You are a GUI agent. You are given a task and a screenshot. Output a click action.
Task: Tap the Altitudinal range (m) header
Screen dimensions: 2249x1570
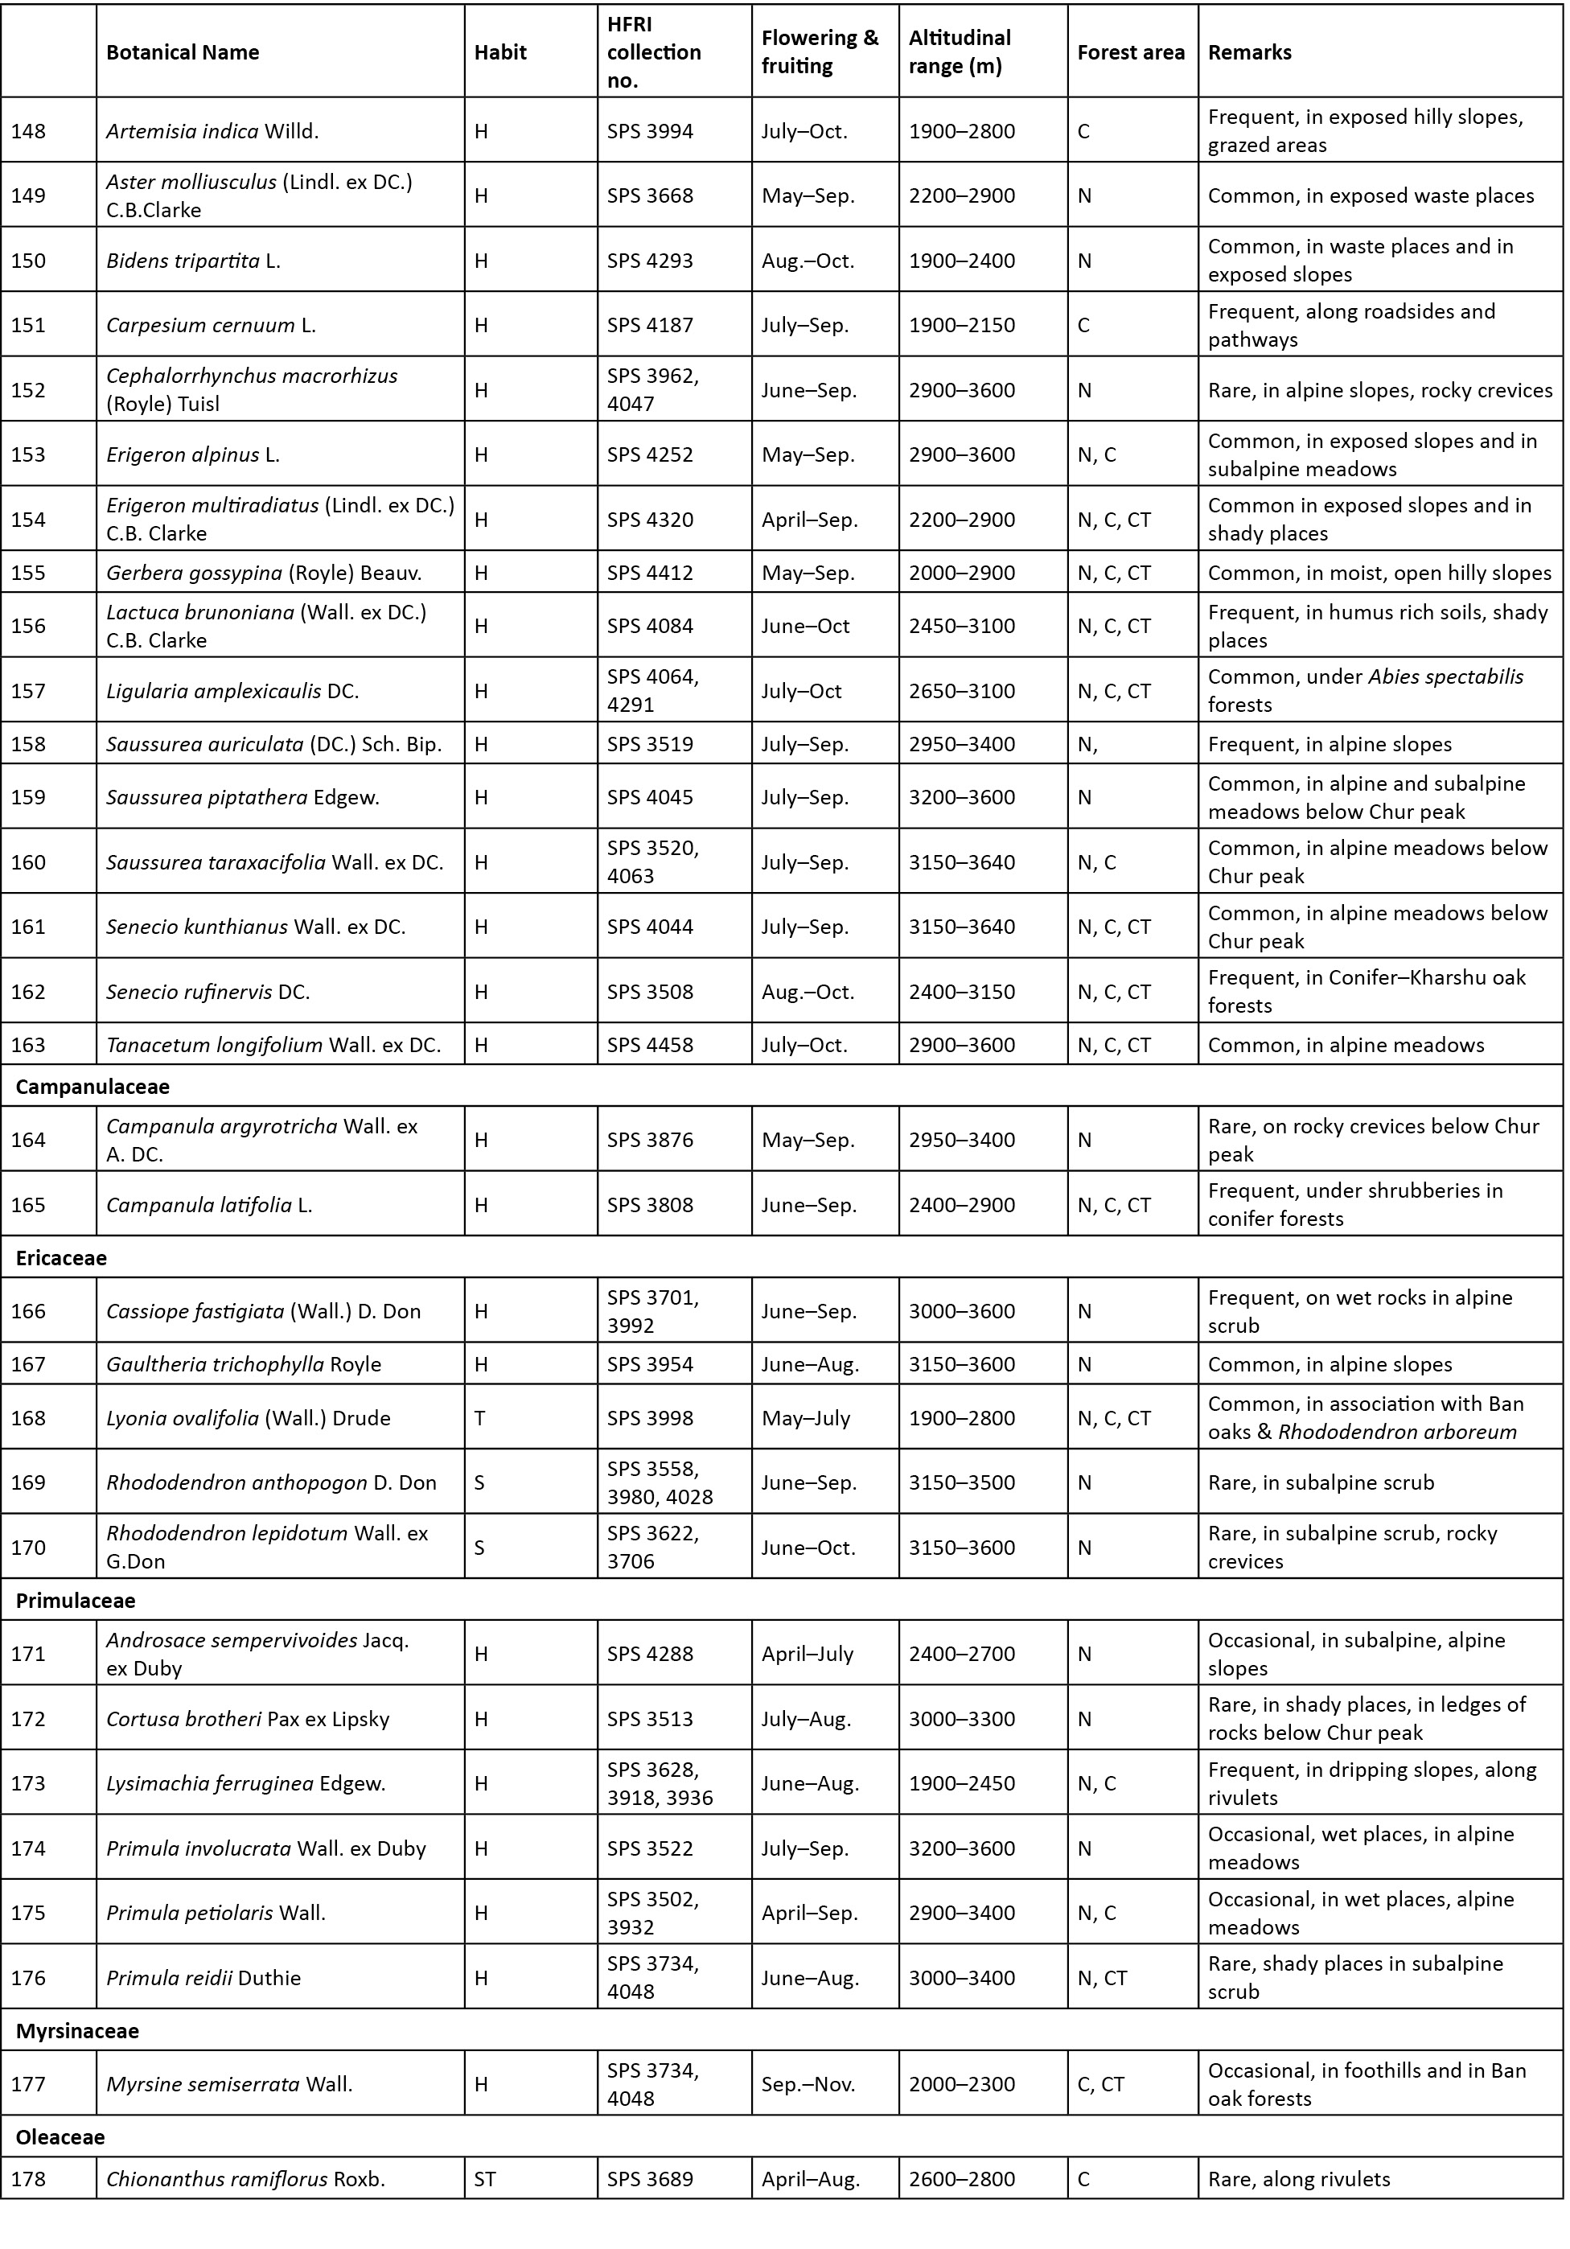pyautogui.click(x=960, y=52)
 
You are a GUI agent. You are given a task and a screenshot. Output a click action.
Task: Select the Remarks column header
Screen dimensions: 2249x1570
pyautogui.click(x=1249, y=53)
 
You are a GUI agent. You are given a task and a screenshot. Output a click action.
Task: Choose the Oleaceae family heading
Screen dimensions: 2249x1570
pyautogui.click(x=60, y=2136)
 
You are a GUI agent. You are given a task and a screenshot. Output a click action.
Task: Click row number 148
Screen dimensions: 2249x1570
pyautogui.click(x=28, y=131)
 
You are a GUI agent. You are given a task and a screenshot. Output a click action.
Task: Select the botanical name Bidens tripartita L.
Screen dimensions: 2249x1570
pyautogui.click(x=193, y=261)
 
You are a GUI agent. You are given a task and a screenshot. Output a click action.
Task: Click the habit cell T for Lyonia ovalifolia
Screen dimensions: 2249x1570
pyautogui.click(x=480, y=1417)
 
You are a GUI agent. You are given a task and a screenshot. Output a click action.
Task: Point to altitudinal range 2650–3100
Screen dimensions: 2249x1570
pyautogui.click(x=962, y=691)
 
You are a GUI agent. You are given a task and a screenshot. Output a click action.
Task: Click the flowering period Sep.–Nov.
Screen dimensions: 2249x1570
pyautogui.click(x=808, y=2083)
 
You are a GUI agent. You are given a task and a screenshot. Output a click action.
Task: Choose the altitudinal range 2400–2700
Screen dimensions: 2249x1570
pyautogui.click(x=962, y=1654)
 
